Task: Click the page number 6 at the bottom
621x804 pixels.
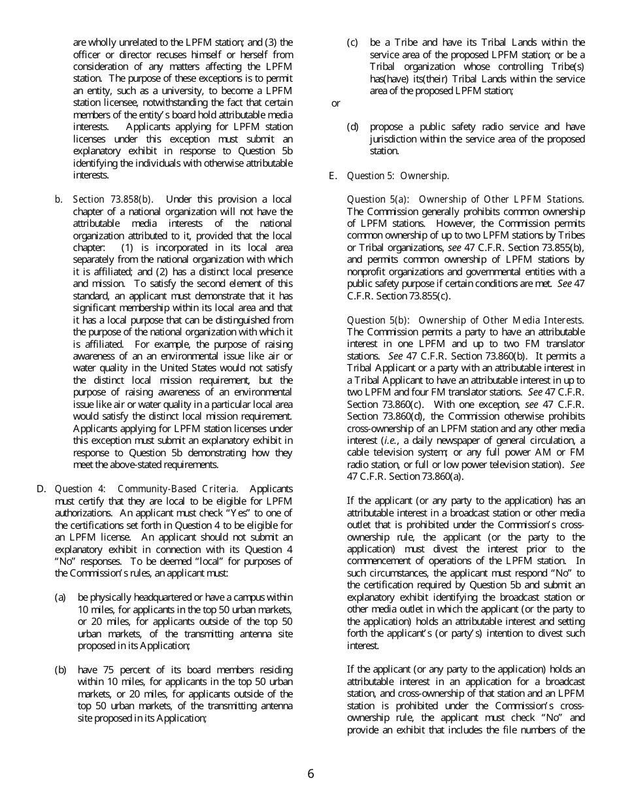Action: [x=310, y=774]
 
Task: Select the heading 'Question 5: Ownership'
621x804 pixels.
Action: [x=397, y=176]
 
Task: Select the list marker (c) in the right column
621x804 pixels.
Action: [x=352, y=42]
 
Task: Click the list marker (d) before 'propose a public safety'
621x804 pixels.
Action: [x=352, y=127]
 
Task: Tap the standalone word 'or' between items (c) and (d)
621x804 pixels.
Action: [x=336, y=103]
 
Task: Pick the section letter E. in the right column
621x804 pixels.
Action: [x=333, y=176]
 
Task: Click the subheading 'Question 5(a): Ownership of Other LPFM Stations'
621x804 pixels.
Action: [x=465, y=199]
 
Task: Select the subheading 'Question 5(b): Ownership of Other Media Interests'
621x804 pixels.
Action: [x=465, y=320]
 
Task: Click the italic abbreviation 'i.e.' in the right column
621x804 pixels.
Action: [x=405, y=441]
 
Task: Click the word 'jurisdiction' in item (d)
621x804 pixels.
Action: [x=397, y=139]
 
